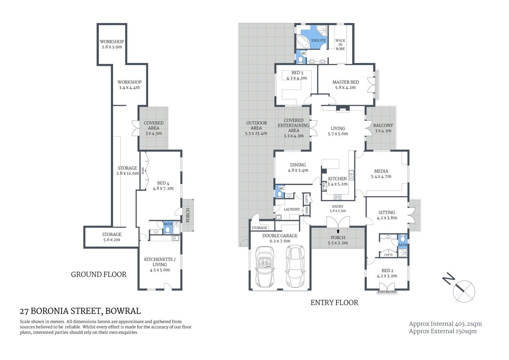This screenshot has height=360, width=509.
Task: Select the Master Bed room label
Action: point(345,82)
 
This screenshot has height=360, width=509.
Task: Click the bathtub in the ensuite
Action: point(303,41)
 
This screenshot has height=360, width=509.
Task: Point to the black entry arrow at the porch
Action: point(338,231)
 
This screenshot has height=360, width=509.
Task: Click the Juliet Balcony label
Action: point(387,292)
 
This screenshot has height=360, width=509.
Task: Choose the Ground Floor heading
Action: point(99,274)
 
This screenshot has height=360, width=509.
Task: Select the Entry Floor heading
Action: point(334,302)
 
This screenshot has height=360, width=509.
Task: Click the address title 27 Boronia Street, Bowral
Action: point(80,311)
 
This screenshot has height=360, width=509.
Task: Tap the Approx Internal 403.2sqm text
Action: point(445,324)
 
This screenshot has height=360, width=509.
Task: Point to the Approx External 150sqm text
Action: point(443,331)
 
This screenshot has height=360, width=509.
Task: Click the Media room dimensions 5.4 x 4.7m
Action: point(381,176)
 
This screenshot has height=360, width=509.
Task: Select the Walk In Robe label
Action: point(340,45)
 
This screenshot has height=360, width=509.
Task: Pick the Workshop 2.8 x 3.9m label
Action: point(112,44)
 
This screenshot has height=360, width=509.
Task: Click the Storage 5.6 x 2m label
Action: point(112,237)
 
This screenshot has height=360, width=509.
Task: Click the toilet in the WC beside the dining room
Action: point(279,194)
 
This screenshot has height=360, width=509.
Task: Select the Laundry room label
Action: point(292,209)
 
